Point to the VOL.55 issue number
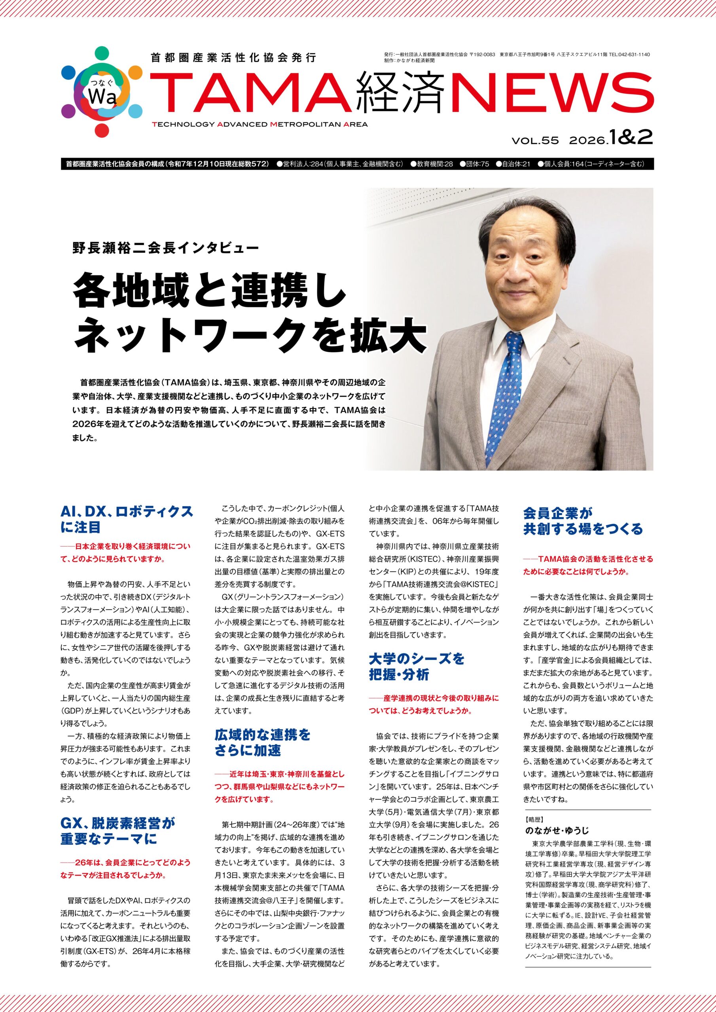click(535, 141)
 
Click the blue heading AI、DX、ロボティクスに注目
click(127, 519)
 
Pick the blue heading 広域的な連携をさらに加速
click(263, 742)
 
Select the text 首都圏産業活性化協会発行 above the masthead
click(233, 57)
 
